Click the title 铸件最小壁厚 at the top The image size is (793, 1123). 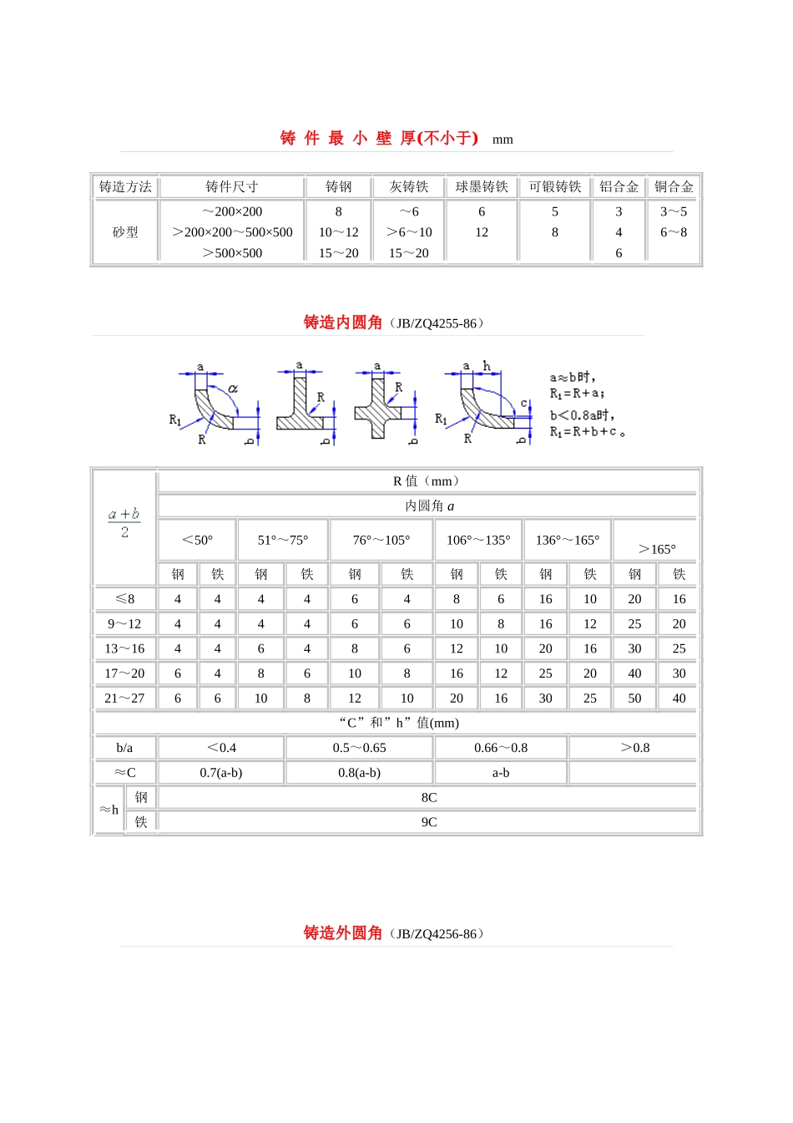pos(379,139)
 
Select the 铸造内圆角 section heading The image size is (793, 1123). pos(343,323)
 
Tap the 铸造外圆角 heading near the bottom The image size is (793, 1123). pos(343,933)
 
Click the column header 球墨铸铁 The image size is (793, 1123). pos(482,187)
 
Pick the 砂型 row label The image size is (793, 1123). pos(125,232)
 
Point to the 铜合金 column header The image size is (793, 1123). pos(674,187)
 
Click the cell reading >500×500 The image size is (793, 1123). pos(232,253)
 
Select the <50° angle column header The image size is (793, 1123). pos(198,541)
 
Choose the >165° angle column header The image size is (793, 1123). pos(657,549)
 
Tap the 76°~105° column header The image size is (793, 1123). pos(381,541)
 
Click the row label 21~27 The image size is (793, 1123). pos(124,699)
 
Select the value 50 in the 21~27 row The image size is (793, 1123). pos(634,699)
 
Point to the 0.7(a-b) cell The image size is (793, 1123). pos(221,773)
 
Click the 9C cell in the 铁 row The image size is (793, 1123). pos(429,822)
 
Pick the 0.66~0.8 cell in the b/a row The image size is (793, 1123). pos(501,748)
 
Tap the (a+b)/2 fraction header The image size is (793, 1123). pos(124,523)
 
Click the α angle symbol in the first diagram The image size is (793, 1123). pos(233,389)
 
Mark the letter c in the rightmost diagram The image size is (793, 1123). pos(524,404)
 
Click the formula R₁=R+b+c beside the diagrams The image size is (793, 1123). pos(587,432)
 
